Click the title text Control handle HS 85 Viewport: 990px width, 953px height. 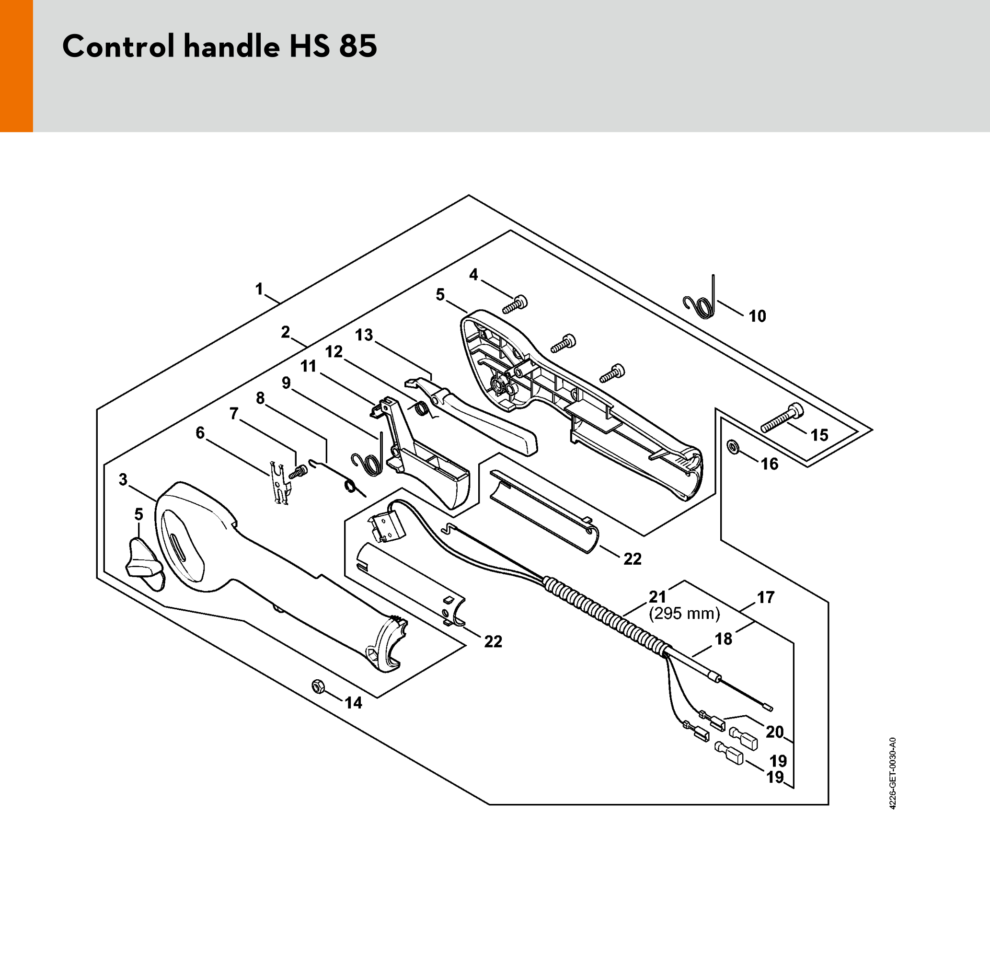click(x=220, y=46)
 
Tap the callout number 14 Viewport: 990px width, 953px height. click(x=354, y=703)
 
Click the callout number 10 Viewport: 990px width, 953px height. click(x=757, y=316)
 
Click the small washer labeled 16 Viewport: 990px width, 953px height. click(x=732, y=447)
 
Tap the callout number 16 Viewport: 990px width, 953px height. click(x=770, y=464)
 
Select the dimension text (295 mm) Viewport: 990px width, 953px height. click(x=684, y=614)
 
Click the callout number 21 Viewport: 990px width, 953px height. click(x=657, y=597)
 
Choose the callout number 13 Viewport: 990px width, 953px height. click(x=364, y=335)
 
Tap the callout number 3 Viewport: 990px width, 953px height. click(x=123, y=479)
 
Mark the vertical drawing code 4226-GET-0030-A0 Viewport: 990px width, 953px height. click(x=893, y=773)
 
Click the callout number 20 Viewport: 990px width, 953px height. click(x=775, y=732)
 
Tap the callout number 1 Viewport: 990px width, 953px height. click(x=259, y=289)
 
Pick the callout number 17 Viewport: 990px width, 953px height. click(x=766, y=597)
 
